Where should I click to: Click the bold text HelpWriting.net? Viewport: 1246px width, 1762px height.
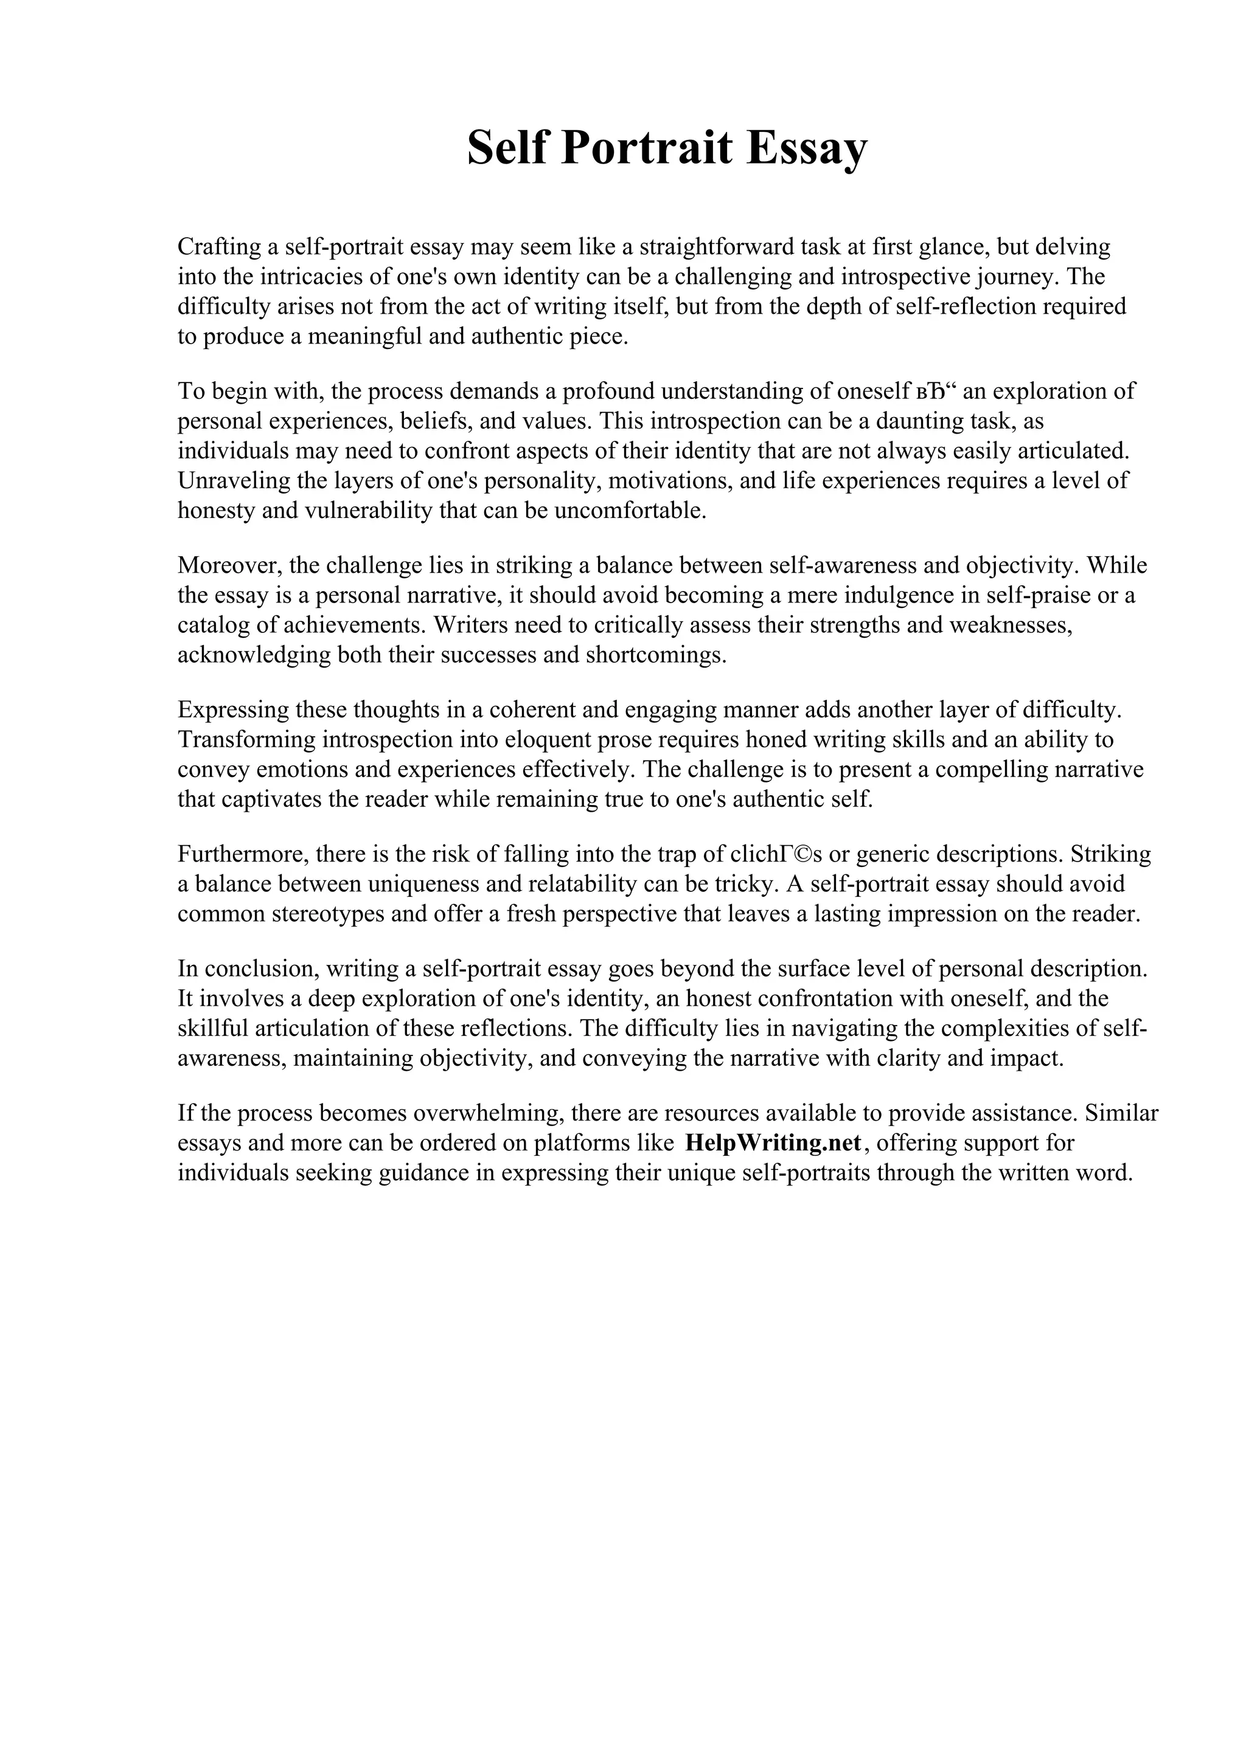pyautogui.click(x=772, y=1142)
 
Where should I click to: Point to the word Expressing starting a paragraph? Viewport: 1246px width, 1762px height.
pyautogui.click(x=234, y=710)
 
